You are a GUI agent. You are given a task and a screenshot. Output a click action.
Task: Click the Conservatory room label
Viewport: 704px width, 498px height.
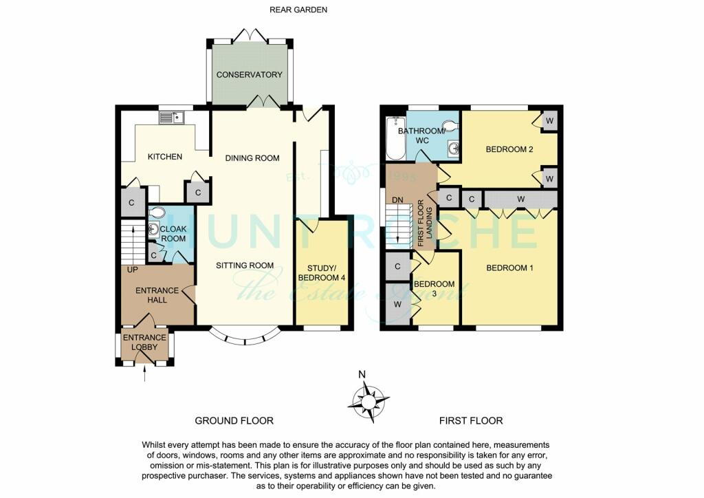(x=249, y=74)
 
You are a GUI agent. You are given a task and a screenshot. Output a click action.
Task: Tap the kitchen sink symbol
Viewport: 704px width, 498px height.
(x=171, y=117)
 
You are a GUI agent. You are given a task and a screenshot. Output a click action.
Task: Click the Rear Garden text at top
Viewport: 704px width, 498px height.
(x=298, y=10)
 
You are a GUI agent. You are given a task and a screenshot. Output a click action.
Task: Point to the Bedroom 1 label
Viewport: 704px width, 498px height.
(x=509, y=268)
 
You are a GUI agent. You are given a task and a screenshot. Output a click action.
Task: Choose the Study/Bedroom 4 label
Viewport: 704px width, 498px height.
(x=322, y=273)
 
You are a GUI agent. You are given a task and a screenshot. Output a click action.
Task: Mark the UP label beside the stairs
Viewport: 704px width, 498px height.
(x=133, y=270)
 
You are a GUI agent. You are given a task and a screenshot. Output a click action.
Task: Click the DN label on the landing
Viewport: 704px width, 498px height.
(x=397, y=200)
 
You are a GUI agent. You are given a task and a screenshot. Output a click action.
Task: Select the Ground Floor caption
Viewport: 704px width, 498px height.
(x=234, y=421)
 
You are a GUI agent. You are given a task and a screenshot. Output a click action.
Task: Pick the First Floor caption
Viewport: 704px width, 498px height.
(x=471, y=421)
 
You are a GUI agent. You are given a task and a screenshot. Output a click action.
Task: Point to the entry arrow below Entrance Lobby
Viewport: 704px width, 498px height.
(x=144, y=374)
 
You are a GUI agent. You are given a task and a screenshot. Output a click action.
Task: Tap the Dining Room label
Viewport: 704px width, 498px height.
(x=252, y=158)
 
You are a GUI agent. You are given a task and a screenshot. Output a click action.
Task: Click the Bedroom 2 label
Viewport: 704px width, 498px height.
(x=509, y=149)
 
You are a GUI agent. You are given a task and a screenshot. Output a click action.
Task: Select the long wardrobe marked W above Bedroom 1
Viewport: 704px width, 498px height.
(x=520, y=199)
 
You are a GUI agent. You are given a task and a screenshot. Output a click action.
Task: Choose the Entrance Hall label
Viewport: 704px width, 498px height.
(x=157, y=295)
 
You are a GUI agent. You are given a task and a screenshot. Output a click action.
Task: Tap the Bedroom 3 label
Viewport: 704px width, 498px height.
(x=434, y=289)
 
